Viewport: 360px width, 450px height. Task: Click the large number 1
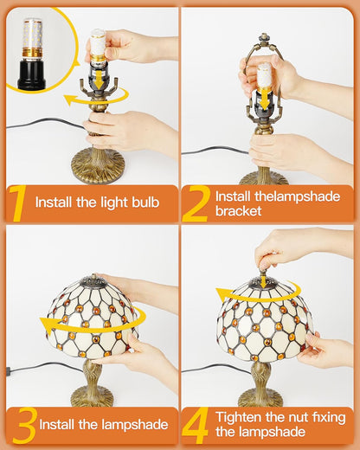pyautogui.click(x=17, y=204)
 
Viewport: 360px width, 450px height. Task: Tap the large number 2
pyautogui.click(x=196, y=203)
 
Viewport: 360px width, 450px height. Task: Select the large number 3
pyautogui.click(x=25, y=425)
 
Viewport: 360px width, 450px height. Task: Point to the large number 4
pyautogui.click(x=195, y=426)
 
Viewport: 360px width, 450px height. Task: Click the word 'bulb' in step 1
pyautogui.click(x=145, y=202)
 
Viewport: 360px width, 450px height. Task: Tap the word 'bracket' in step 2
pyautogui.click(x=238, y=211)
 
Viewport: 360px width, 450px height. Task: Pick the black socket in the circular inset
pyautogui.click(x=32, y=74)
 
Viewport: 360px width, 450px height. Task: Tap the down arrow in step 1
pyautogui.click(x=100, y=80)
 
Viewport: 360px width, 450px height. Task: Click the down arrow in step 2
pyautogui.click(x=265, y=102)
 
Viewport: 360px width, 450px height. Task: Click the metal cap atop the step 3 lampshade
pyautogui.click(x=94, y=280)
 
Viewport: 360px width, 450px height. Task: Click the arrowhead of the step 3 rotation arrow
pyautogui.click(x=46, y=325)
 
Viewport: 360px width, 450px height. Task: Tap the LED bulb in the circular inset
pyautogui.click(x=33, y=38)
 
